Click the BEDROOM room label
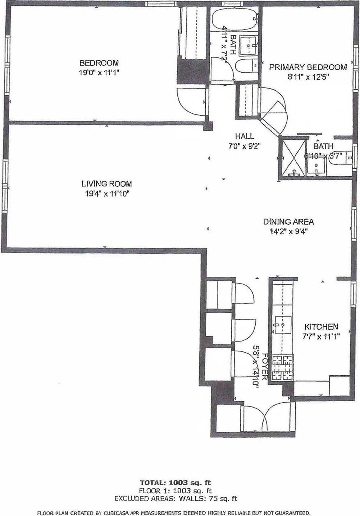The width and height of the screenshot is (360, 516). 99,63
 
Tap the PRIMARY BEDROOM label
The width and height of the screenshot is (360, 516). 308,67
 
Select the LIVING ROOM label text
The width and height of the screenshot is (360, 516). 106,184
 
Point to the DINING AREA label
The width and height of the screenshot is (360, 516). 288,222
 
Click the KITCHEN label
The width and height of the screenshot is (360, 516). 321,327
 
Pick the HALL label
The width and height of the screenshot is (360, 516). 245,136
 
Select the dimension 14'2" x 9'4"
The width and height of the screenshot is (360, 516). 288,232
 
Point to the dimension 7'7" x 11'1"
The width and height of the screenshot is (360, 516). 321,337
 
